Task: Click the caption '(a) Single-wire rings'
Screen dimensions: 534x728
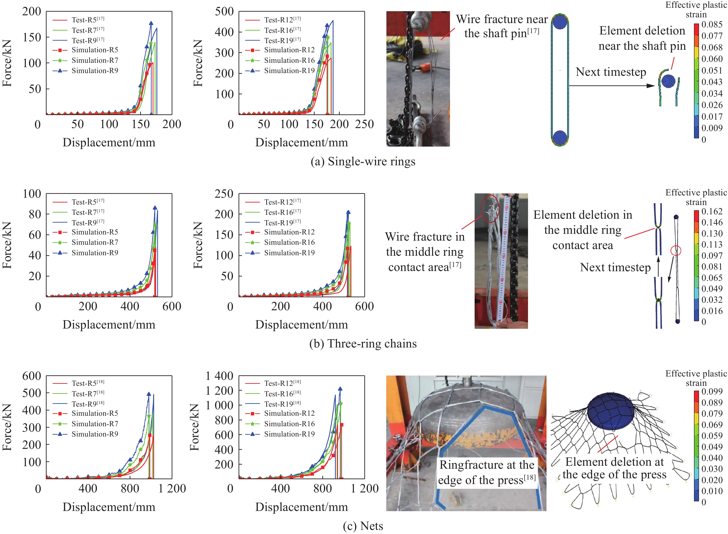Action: (x=363, y=161)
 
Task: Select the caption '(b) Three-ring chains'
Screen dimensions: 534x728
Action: (x=363, y=343)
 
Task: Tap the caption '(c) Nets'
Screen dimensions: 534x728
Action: (x=363, y=526)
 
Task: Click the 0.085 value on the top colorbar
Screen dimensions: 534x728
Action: (x=712, y=25)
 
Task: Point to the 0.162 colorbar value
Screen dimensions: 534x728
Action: (x=712, y=211)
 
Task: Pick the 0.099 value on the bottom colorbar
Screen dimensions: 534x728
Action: (x=712, y=392)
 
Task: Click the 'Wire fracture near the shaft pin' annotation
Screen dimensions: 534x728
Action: (x=502, y=26)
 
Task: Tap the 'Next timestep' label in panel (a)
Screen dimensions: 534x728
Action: (x=611, y=72)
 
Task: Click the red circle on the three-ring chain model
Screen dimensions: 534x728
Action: (x=676, y=250)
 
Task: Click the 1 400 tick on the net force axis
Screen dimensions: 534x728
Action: (x=220, y=376)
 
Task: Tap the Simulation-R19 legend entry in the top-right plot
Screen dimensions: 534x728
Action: (x=289, y=71)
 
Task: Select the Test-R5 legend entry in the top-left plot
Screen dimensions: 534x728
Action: (x=88, y=20)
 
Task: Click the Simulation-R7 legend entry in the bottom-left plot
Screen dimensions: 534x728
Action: (x=95, y=424)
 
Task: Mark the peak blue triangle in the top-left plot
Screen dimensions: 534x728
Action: (x=151, y=24)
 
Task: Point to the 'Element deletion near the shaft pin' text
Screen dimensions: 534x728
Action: (x=642, y=38)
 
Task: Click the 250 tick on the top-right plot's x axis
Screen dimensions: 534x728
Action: (x=365, y=124)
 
